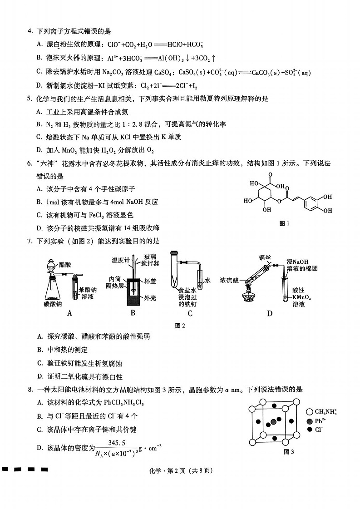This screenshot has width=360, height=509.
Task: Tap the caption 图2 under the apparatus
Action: pos(181,325)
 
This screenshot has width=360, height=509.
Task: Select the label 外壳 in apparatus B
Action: pos(150,298)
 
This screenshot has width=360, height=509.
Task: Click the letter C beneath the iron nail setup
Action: pos(190,313)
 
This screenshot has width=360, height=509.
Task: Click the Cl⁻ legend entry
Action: pos(318,430)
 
